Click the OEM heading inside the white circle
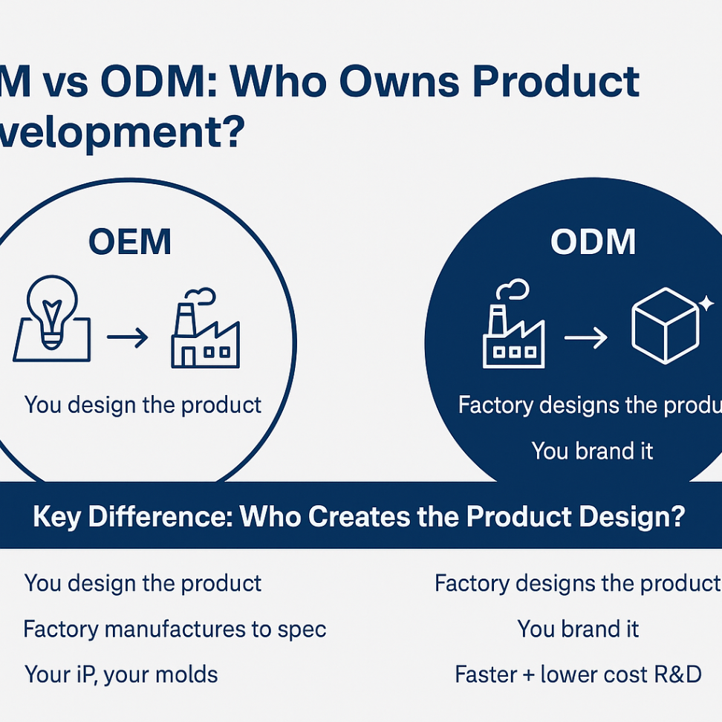click(129, 242)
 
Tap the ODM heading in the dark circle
click(593, 242)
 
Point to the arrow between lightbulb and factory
click(127, 339)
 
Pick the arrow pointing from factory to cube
click(585, 339)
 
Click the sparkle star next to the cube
click(706, 302)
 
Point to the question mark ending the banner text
click(674, 517)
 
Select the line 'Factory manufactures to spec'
click(175, 629)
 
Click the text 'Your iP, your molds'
click(121, 674)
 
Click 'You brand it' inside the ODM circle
click(592, 451)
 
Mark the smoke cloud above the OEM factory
click(203, 296)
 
